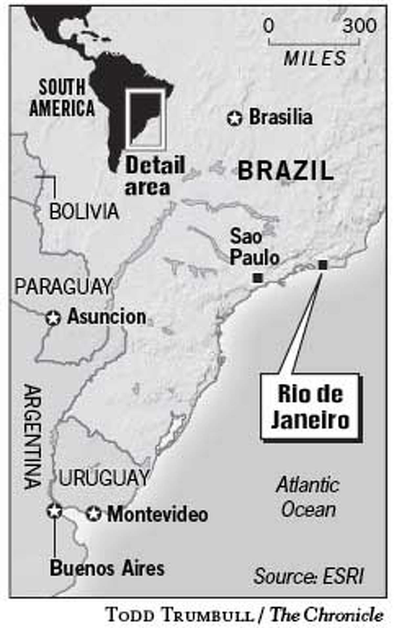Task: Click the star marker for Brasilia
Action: click(234, 119)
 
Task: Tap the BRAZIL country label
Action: click(285, 171)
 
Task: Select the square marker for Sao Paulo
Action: click(258, 278)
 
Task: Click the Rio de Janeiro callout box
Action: click(310, 407)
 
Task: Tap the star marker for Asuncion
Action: click(53, 318)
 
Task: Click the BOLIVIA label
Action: click(84, 212)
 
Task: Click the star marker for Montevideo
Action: click(94, 515)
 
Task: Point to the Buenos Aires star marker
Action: click(54, 511)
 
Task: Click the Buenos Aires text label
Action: click(107, 569)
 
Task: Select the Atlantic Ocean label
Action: click(308, 498)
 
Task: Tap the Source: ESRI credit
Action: click(309, 576)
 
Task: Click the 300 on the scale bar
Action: click(360, 26)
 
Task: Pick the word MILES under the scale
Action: click(315, 58)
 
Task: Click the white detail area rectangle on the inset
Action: click(145, 119)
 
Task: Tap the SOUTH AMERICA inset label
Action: click(62, 98)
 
